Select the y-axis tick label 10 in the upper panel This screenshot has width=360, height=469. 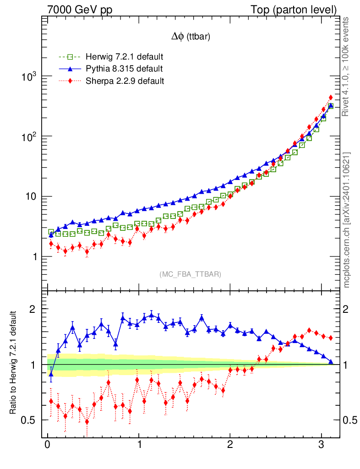click(x=32, y=197)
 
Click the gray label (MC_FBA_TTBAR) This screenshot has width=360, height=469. click(x=191, y=274)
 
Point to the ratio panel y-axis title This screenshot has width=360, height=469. click(x=13, y=363)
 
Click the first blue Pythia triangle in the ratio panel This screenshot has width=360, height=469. click(x=51, y=374)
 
